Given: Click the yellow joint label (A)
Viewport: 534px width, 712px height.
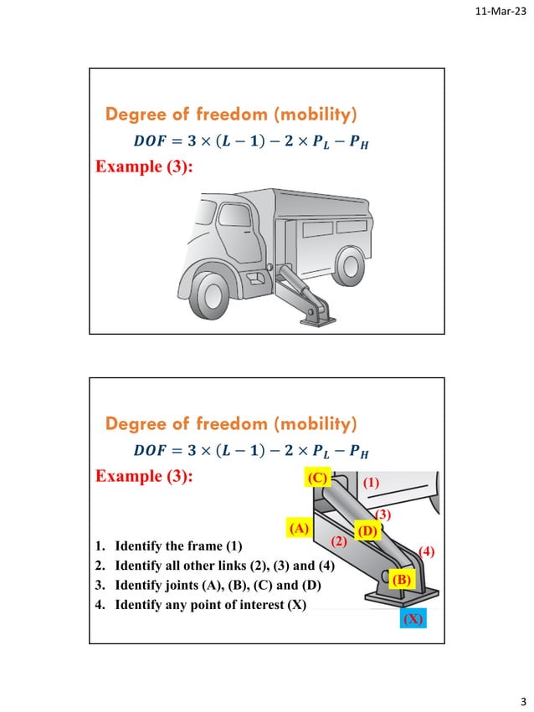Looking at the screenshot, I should [299, 529].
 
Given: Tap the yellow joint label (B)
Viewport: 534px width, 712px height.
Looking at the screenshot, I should [400, 579].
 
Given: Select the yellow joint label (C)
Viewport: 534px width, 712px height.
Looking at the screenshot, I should [317, 479].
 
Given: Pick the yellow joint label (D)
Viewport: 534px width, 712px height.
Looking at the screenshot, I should [367, 531].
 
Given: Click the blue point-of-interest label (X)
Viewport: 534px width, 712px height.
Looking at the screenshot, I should [412, 620].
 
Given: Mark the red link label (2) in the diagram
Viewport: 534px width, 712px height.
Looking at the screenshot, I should [339, 541].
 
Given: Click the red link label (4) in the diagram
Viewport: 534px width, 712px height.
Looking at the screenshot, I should [427, 551].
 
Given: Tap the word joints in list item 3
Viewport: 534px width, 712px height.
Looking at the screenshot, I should [185, 584].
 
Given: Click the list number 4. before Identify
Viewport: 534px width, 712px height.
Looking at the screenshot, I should [101, 603].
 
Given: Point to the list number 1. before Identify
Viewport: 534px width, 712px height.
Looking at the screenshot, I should [101, 547].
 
